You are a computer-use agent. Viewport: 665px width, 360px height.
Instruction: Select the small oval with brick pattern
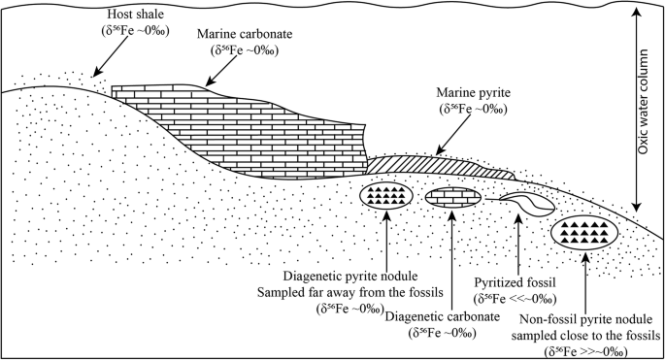click(x=454, y=196)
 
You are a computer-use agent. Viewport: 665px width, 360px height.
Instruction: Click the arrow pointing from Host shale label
click(x=107, y=60)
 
